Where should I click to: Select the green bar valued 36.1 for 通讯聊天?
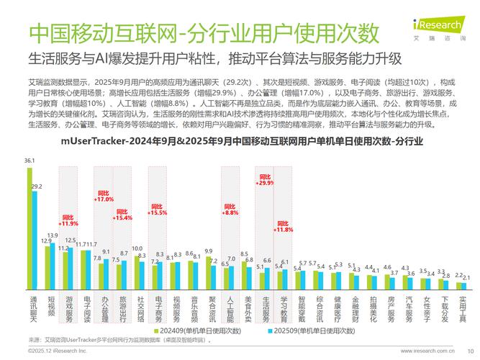point(30,227)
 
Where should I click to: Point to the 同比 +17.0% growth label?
point(104,197)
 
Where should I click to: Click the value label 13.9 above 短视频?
point(53,235)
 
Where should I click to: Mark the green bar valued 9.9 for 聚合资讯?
point(209,272)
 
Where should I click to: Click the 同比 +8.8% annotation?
point(230,210)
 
